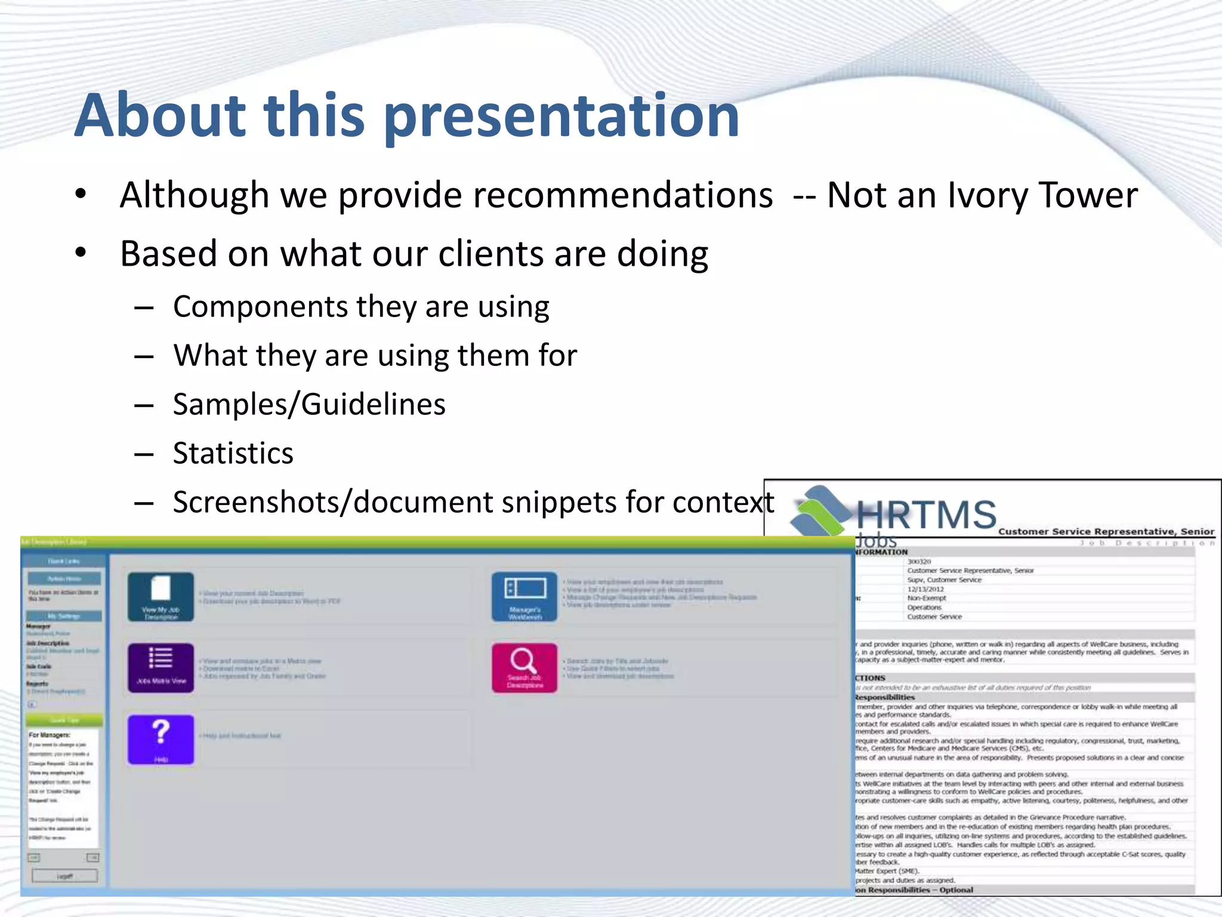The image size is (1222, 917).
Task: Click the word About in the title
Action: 160,116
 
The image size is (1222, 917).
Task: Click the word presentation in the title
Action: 562,116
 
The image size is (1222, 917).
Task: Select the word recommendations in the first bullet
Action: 555,196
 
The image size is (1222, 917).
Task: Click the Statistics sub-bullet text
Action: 233,453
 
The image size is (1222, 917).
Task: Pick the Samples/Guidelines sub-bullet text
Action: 309,404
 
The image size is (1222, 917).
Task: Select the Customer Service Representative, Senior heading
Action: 1106,531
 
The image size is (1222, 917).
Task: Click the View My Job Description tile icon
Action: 161,596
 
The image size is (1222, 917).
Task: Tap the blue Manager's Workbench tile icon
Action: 524,596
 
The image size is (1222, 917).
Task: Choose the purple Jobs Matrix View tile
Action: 161,667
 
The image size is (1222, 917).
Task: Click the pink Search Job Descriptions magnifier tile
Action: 524,667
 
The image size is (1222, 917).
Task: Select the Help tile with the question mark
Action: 161,739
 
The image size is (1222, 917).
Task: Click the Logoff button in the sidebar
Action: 64,876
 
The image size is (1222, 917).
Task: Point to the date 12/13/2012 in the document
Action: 925,589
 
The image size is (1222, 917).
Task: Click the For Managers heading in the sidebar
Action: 50,735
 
